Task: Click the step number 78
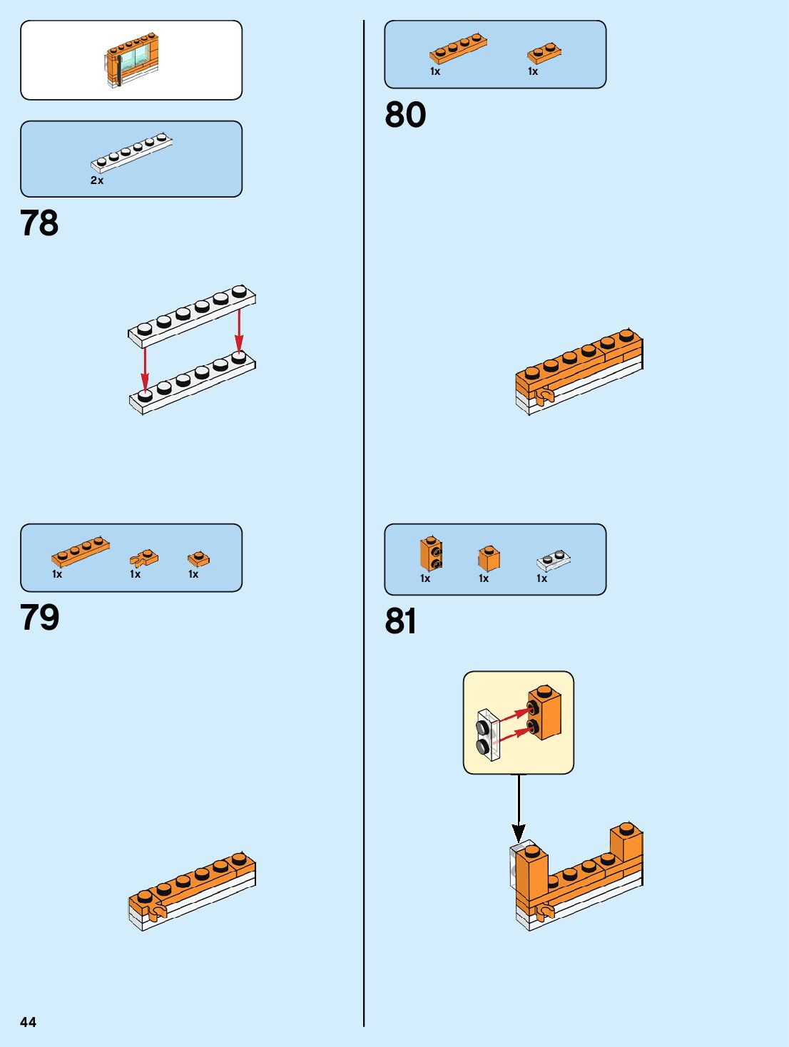(x=39, y=223)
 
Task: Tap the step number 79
(x=39, y=618)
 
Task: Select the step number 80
(x=405, y=115)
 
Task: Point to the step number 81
(x=401, y=621)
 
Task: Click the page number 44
(x=28, y=1022)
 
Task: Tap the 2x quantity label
(x=97, y=180)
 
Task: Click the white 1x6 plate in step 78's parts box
(x=131, y=153)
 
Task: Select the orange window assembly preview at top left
(x=131, y=61)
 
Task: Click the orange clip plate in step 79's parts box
(x=144, y=558)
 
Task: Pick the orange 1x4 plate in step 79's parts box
(x=81, y=551)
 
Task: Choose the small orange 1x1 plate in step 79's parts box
(x=198, y=558)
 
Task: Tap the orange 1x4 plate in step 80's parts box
(x=458, y=48)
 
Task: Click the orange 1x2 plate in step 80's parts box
(x=544, y=53)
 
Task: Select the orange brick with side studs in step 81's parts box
(x=431, y=554)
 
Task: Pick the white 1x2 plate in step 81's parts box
(x=554, y=561)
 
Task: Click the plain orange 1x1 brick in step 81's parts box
(x=489, y=558)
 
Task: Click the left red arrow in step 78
(x=145, y=368)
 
